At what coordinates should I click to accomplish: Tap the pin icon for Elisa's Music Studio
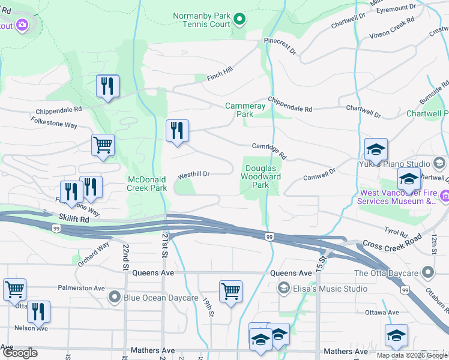(x=283, y=289)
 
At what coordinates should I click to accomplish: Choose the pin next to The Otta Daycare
(x=427, y=273)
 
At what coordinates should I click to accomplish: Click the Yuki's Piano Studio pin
(x=439, y=163)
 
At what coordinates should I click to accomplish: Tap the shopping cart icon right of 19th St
(x=231, y=292)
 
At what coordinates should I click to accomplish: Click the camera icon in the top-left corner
(x=23, y=25)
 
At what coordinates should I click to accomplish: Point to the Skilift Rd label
(x=74, y=220)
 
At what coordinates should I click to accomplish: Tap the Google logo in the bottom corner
(x=20, y=353)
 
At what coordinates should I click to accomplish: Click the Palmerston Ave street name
(x=82, y=287)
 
